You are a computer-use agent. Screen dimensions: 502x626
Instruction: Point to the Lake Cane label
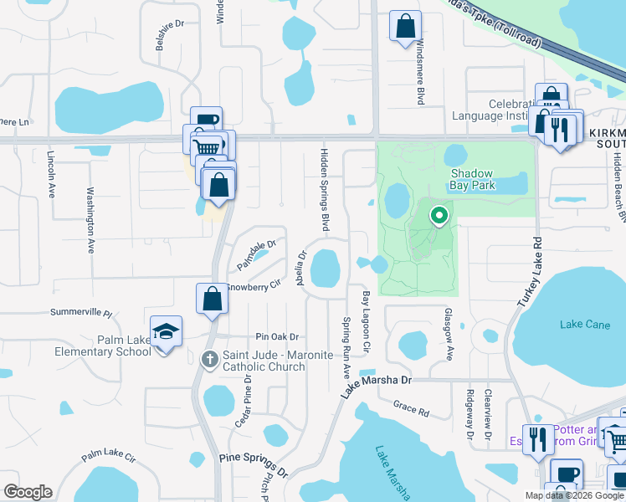coord(585,325)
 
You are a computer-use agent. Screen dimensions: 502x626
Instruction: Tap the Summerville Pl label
coord(80,312)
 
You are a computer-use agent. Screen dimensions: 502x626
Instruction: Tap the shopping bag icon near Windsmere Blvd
coord(405,25)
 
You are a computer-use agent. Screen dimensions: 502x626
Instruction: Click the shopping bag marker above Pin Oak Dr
coord(213,299)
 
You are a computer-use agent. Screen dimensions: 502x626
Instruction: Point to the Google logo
coord(28,492)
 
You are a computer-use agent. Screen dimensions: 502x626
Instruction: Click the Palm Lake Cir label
coord(108,457)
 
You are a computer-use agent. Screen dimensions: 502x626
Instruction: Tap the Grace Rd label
coord(411,407)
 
